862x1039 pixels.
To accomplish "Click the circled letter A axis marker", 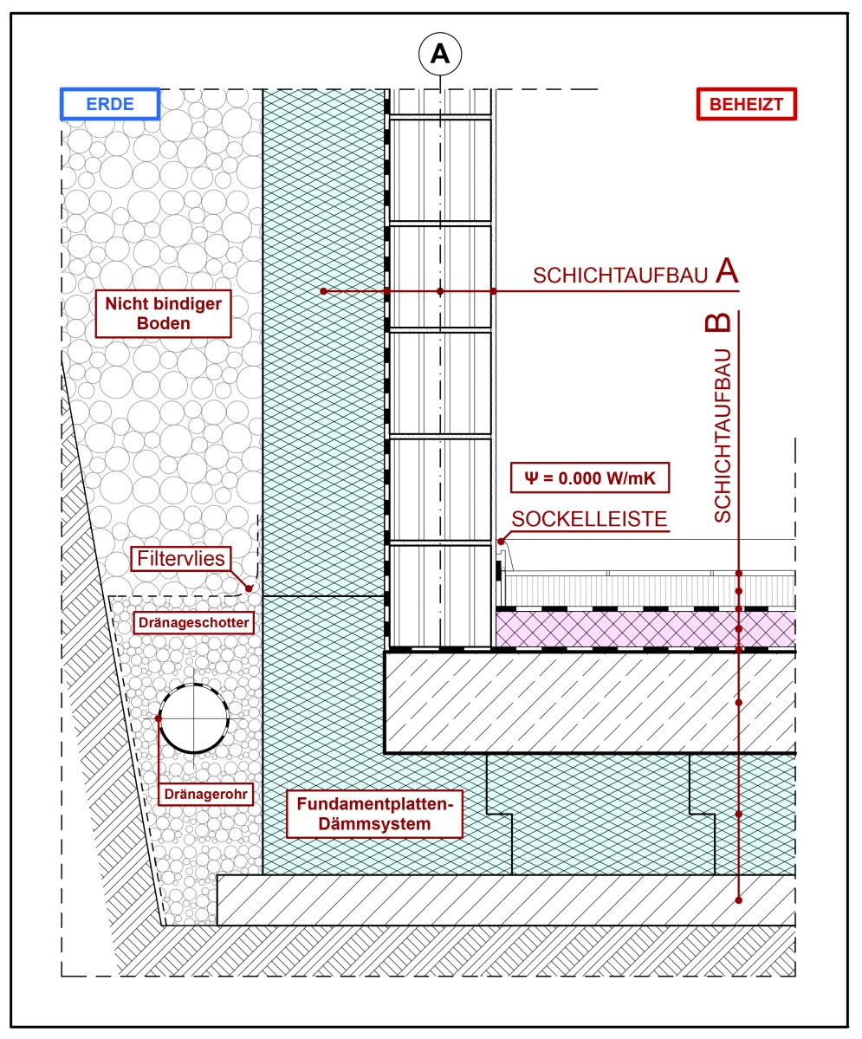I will (440, 54).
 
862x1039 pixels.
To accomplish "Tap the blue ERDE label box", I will (110, 105).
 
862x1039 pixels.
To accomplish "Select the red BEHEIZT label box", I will (746, 105).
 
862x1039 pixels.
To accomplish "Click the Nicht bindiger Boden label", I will (163, 313).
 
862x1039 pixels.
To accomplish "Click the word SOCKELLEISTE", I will (589, 520).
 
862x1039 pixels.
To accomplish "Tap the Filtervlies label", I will (181, 559).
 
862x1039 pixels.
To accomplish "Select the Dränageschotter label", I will (195, 622).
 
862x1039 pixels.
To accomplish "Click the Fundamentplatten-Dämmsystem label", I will (374, 813).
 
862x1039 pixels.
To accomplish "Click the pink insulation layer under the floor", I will (645, 629).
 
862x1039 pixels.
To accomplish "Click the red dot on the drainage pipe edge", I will (159, 718).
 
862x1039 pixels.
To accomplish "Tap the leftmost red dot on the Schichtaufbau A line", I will (322, 291).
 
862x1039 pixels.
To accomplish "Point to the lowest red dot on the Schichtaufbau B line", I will (739, 899).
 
